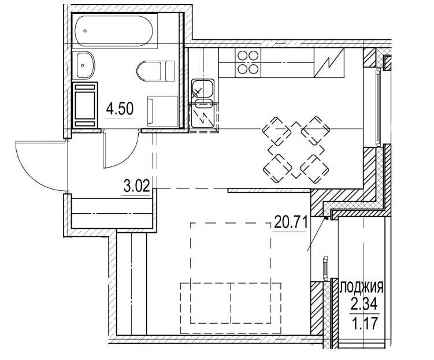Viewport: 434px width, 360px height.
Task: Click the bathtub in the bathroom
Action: [114, 31]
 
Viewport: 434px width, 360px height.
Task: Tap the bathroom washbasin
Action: [86, 65]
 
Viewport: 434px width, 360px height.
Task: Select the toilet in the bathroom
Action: [155, 71]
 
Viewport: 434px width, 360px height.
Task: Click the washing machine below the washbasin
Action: [86, 105]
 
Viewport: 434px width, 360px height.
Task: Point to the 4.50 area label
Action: [120, 109]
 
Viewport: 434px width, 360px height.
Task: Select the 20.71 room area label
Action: [291, 222]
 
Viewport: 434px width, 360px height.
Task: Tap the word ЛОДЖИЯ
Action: [361, 288]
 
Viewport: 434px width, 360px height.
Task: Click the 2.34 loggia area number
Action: [364, 305]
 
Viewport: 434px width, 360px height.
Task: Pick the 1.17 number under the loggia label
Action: [365, 323]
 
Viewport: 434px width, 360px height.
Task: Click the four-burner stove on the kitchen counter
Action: [248, 62]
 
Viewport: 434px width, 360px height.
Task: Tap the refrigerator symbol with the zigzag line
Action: [329, 62]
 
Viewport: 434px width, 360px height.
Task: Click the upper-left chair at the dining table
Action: [276, 131]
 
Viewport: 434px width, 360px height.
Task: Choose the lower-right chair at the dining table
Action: [316, 169]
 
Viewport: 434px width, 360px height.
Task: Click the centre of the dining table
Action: [296, 150]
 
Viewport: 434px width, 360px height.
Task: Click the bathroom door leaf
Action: [105, 149]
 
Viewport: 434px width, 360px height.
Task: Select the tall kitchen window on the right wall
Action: [377, 107]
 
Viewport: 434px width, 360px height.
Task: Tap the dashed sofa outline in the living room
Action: [231, 308]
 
